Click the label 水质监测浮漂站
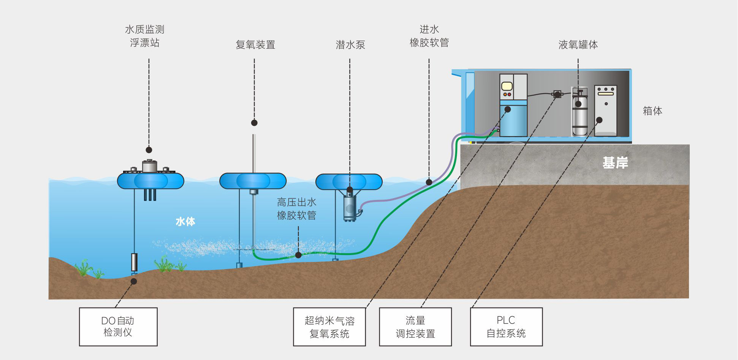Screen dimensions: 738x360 145,36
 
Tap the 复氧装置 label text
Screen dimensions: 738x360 255,45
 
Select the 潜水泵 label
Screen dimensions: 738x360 350,45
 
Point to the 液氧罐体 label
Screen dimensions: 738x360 578,45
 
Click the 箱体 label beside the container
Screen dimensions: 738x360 652,111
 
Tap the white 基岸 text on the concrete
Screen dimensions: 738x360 615,163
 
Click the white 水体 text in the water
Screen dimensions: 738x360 185,222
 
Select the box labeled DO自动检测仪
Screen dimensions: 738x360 118,327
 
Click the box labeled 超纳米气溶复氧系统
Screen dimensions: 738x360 329,327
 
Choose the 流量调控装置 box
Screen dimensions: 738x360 415,327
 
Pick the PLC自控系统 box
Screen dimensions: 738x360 506,327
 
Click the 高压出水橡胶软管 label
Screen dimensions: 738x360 296,209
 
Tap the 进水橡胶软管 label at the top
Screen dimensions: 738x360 429,36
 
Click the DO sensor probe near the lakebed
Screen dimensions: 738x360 134,262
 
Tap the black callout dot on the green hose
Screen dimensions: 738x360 298,255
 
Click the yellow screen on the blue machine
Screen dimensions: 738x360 507,87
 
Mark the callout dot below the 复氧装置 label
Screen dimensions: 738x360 254,123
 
